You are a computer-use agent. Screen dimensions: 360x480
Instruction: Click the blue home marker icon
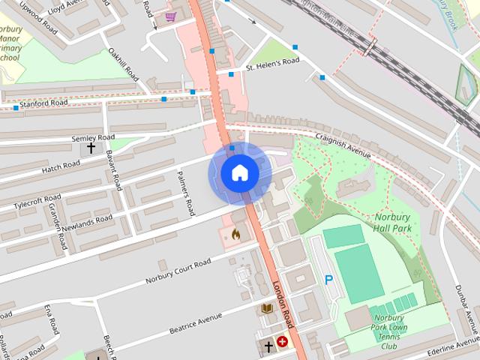coord(239,173)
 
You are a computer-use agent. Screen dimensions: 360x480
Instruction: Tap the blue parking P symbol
coord(328,280)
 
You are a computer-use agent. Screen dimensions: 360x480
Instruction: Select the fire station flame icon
coord(235,235)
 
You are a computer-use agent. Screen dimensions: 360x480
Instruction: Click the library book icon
coord(266,308)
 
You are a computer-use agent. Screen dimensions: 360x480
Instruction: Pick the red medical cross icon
coord(283,342)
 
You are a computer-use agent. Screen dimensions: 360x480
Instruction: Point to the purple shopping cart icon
coord(171,16)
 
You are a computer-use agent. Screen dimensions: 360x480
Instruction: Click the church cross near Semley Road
coord(91,148)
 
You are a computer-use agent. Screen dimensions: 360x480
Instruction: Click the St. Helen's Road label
coord(273,65)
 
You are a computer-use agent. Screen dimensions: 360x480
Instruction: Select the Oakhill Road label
coord(124,65)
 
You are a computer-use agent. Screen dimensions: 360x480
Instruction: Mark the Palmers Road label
coord(185,192)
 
